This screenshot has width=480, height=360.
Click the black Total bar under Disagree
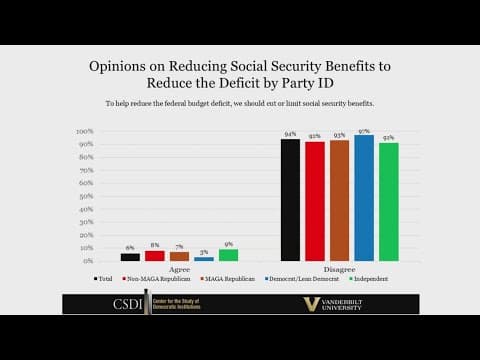click(290, 200)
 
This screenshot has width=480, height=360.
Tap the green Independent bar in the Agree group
click(228, 255)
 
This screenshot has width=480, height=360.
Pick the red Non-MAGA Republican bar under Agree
click(154, 256)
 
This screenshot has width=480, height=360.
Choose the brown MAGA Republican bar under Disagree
click(339, 201)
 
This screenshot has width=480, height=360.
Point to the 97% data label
click(364, 131)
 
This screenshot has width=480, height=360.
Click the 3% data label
click(204, 252)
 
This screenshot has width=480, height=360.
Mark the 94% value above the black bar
click(290, 135)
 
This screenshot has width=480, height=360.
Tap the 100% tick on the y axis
click(85, 131)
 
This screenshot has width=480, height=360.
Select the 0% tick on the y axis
click(88, 261)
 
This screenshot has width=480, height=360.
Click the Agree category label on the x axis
click(179, 268)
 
